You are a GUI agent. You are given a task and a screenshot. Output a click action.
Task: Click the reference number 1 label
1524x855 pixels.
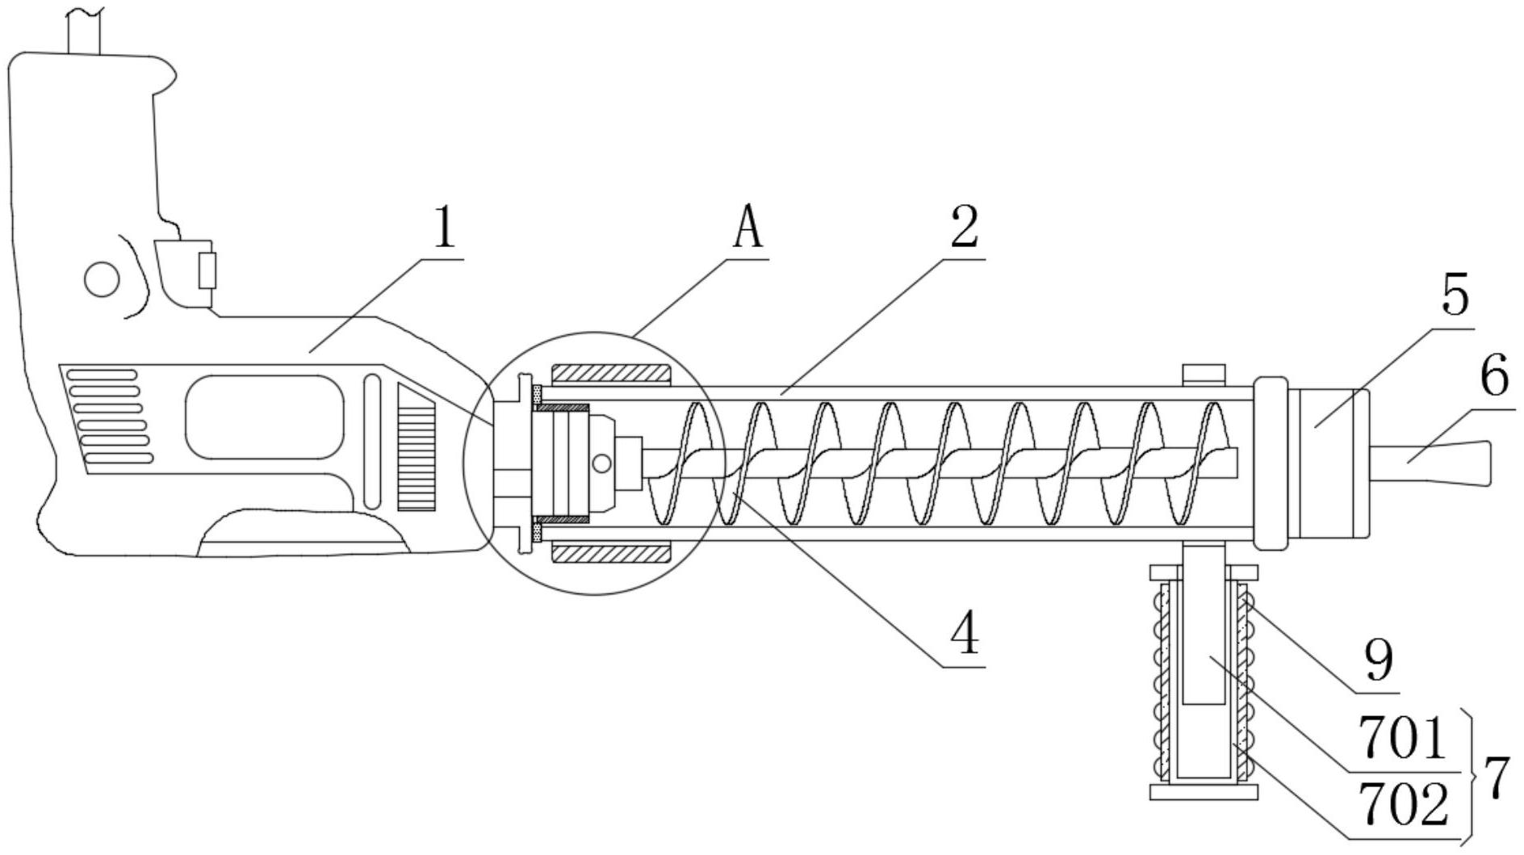point(444,229)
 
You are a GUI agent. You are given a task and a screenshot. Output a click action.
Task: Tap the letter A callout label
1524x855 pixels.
point(747,229)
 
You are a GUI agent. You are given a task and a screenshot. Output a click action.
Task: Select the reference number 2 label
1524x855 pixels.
point(964,227)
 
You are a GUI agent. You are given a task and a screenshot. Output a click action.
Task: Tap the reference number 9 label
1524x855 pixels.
point(1379,660)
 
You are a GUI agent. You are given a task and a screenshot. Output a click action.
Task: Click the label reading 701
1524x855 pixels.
point(1402,738)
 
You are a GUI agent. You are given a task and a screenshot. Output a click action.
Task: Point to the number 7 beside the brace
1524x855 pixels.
point(1497,777)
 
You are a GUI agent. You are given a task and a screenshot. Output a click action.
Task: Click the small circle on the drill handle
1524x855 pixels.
point(102,279)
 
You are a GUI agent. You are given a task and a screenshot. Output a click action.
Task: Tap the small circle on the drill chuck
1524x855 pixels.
point(601,463)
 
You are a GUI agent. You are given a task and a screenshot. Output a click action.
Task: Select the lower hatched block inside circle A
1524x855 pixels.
point(611,553)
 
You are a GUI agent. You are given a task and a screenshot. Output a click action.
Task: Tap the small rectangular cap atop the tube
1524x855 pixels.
point(1204,375)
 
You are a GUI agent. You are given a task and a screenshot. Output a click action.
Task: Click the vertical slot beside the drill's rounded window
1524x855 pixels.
point(372,441)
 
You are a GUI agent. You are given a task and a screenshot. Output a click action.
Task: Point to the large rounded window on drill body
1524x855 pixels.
point(264,417)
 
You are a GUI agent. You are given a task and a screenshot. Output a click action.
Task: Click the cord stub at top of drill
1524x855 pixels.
point(85,32)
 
